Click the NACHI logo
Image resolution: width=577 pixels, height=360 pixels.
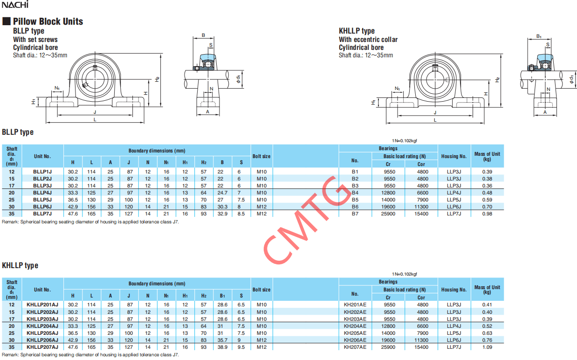15,4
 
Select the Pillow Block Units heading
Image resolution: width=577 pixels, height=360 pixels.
48,21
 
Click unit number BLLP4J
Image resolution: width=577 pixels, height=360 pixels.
42,193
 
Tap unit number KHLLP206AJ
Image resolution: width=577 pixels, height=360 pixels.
42,340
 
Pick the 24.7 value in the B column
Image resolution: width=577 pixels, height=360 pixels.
222,193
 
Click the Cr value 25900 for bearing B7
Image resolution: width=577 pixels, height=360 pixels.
388,214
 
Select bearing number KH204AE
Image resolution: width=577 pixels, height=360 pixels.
355,326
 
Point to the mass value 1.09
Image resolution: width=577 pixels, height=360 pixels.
487,347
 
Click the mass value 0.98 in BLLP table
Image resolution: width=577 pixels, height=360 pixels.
487,214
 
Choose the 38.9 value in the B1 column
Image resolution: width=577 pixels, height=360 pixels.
222,347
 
